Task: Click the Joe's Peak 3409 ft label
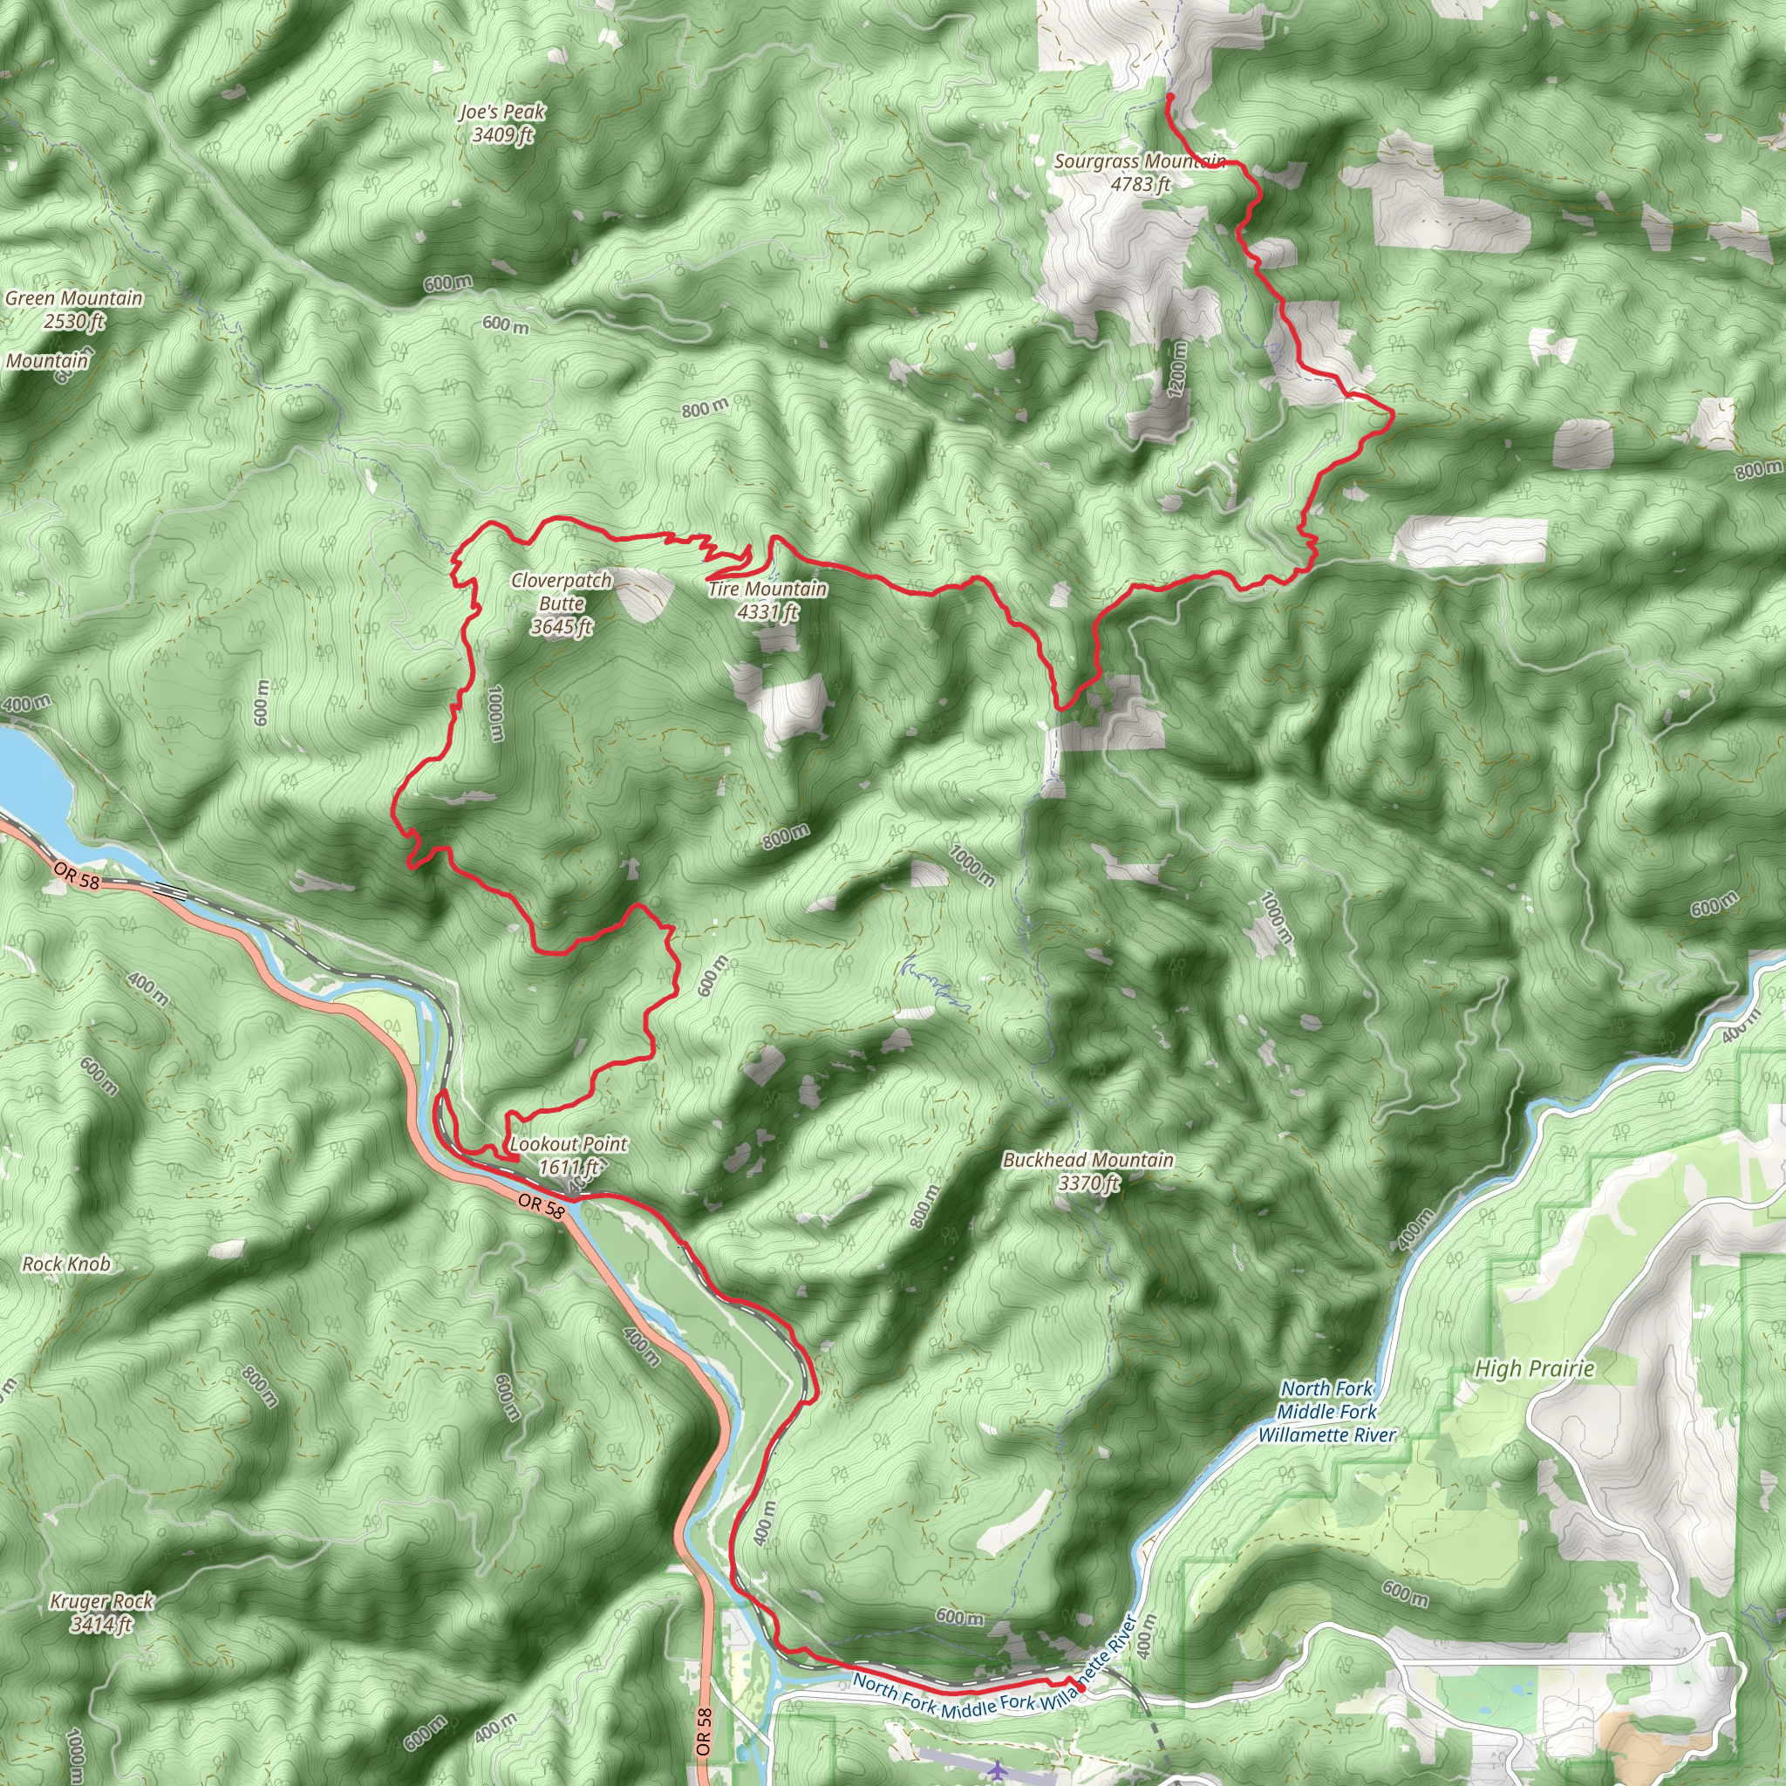pyautogui.click(x=503, y=123)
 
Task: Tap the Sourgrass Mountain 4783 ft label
pyautogui.click(x=1140, y=172)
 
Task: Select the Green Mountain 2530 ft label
pyautogui.click(x=74, y=310)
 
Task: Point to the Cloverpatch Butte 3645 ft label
pyautogui.click(x=561, y=603)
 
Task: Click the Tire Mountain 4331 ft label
pyautogui.click(x=767, y=600)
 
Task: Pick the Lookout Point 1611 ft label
pyautogui.click(x=568, y=1155)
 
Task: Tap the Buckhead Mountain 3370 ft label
pyautogui.click(x=1088, y=1170)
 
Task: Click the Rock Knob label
pyautogui.click(x=66, y=1264)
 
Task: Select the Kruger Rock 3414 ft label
pyautogui.click(x=102, y=1612)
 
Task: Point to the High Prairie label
pyautogui.click(x=1535, y=1369)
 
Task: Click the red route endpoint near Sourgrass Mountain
pyautogui.click(x=1170, y=96)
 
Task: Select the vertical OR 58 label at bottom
pyautogui.click(x=704, y=1731)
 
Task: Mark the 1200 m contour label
pyautogui.click(x=1176, y=369)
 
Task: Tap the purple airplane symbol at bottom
pyautogui.click(x=997, y=1770)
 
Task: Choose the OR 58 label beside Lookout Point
pyautogui.click(x=541, y=1206)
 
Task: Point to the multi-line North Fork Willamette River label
pyautogui.click(x=1326, y=1412)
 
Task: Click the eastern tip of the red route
pyautogui.click(x=1392, y=416)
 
